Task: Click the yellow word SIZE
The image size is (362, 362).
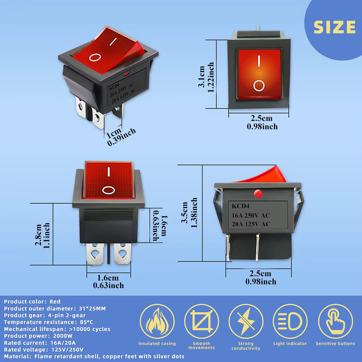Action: click(x=335, y=27)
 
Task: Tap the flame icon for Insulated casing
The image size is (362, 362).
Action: click(x=157, y=321)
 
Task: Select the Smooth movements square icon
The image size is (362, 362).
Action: click(x=202, y=321)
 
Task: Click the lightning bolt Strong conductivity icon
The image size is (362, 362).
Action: click(x=246, y=321)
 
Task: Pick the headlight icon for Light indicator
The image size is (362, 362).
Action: click(x=290, y=321)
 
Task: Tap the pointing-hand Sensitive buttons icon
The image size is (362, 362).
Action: click(x=335, y=321)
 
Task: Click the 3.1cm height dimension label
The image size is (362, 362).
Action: click(x=202, y=77)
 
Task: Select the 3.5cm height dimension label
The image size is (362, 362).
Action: click(x=185, y=213)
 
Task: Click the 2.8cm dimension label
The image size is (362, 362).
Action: click(x=38, y=235)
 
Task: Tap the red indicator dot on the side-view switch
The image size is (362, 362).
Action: click(x=258, y=193)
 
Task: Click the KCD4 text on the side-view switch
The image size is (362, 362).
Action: click(x=241, y=206)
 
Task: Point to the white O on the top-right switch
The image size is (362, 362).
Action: click(x=259, y=86)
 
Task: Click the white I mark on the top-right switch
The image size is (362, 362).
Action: click(x=259, y=61)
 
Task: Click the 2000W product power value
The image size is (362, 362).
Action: click(x=63, y=336)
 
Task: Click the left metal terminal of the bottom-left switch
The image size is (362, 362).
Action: click(x=95, y=254)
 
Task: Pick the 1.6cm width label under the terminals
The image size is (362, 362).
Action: click(x=108, y=278)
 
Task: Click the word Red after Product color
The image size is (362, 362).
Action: click(x=55, y=302)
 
